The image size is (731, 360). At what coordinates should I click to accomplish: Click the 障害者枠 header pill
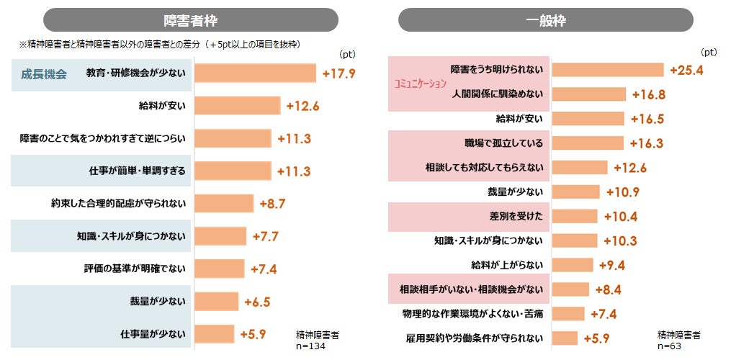190,20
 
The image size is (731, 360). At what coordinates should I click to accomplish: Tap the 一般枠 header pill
545,20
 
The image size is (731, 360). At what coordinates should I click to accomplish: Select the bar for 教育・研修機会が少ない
255,73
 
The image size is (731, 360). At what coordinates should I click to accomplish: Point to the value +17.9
339,73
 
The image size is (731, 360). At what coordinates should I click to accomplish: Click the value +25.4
686,70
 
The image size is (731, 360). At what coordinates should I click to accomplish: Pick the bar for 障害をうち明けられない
607,70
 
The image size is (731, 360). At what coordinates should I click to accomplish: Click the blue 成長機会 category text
44,74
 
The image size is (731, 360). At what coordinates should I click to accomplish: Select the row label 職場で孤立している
503,143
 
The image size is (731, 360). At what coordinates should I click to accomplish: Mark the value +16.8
648,94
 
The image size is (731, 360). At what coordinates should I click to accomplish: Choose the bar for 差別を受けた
575,216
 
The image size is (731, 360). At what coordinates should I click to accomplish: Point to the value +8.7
272,204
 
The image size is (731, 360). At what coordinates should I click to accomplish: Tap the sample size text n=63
673,346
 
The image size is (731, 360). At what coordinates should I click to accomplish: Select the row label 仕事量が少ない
153,334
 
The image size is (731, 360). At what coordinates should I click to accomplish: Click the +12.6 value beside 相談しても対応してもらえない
630,168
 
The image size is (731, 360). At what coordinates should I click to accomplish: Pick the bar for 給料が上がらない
573,265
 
